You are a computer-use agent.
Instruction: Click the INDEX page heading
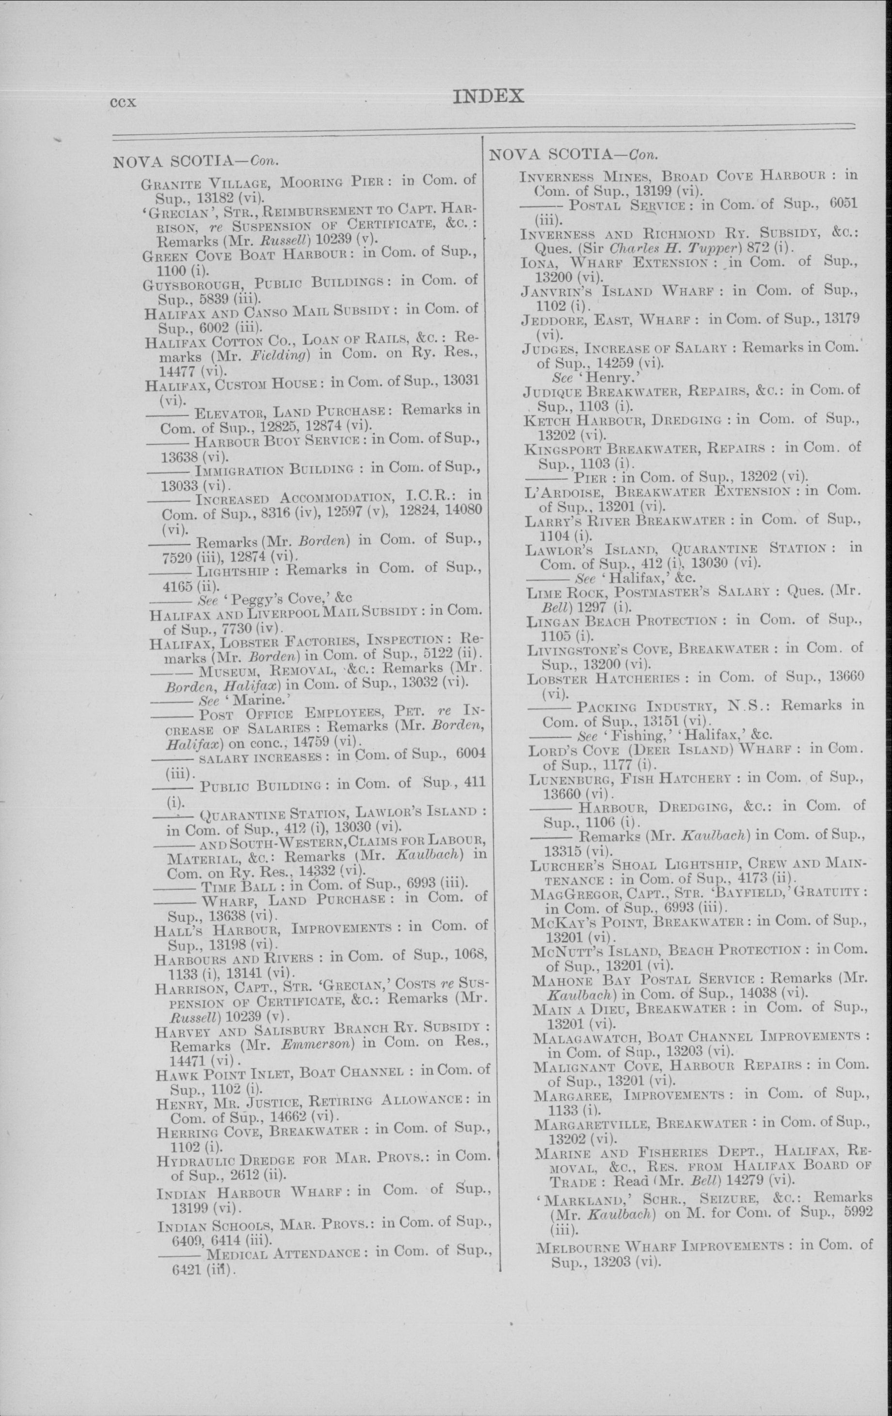[488, 97]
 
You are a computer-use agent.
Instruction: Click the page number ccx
[124, 103]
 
